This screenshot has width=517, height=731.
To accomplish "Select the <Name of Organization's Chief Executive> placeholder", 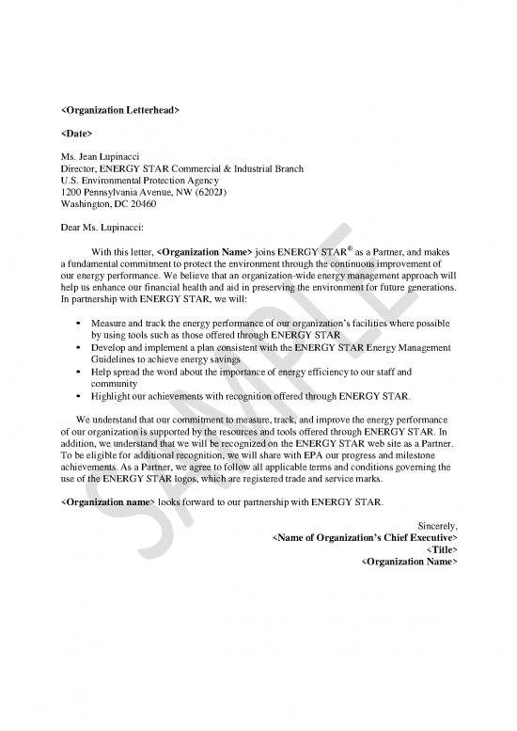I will tap(364, 537).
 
